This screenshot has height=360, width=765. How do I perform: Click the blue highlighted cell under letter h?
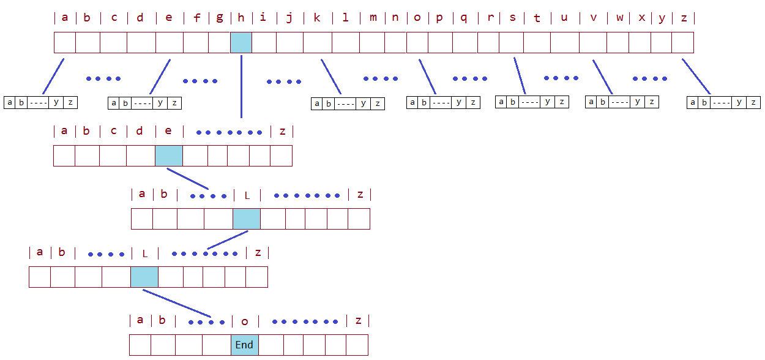point(241,43)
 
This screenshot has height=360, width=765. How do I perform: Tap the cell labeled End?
point(245,345)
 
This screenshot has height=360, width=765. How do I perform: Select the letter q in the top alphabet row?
point(464,17)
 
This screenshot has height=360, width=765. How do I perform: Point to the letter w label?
point(619,17)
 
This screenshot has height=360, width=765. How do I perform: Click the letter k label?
point(317,17)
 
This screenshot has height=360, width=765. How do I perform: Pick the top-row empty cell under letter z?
point(682,43)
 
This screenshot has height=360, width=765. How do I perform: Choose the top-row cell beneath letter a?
point(65,43)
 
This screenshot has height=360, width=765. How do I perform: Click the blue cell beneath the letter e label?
point(169,156)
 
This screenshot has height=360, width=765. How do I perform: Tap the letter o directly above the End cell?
point(245,321)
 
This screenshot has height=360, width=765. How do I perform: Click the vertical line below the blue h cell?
point(241,86)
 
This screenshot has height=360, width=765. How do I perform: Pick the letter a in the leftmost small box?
point(9,102)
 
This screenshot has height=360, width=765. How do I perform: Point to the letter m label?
point(373,17)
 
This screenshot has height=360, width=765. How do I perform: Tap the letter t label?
point(537,18)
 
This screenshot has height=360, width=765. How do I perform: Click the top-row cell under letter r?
point(488,43)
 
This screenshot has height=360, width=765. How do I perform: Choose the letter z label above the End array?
point(358,320)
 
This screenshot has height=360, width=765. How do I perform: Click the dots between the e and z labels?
point(229,132)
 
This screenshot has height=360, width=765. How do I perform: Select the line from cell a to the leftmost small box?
point(53,77)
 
